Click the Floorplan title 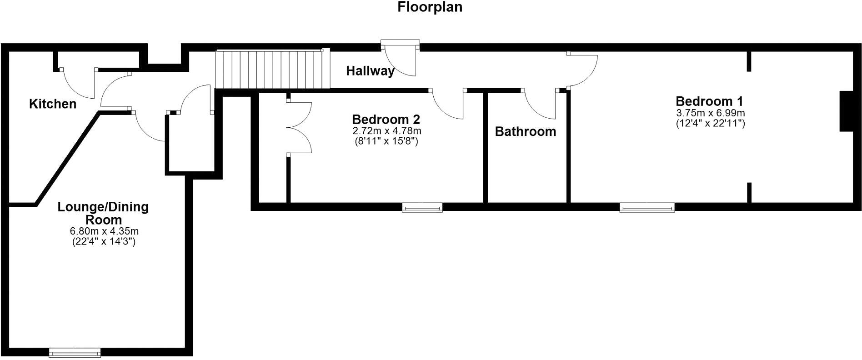coord(430,7)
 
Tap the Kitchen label coord(53,104)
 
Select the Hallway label coord(371,71)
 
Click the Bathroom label coord(526,132)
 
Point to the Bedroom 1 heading coord(709,101)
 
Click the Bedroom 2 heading coord(386,120)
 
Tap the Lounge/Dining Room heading coord(103,214)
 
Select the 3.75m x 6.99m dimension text coord(710,113)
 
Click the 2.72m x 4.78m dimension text coord(386,131)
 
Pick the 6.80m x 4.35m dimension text coord(104,231)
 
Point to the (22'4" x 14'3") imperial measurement coord(104,242)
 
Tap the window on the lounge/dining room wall coord(75,353)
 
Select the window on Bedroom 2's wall coord(422,208)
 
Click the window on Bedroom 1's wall coord(647,208)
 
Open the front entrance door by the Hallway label coord(400,58)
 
